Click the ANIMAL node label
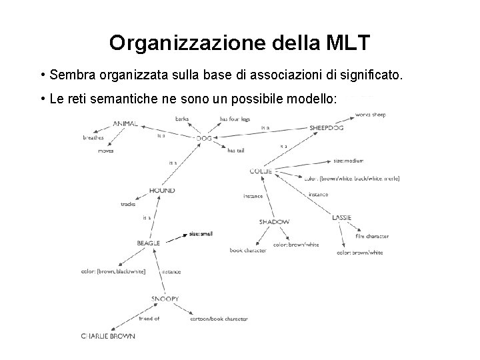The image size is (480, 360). (x=125, y=123)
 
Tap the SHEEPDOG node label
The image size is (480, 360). (x=327, y=127)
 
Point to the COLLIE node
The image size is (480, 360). (x=261, y=171)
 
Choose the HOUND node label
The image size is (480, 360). (x=162, y=191)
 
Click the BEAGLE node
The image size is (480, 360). (x=148, y=243)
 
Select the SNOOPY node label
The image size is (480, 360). (x=165, y=299)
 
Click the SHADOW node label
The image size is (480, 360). (x=274, y=221)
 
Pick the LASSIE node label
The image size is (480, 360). (x=341, y=217)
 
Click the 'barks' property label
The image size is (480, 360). (x=181, y=119)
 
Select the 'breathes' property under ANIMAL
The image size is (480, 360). (x=93, y=138)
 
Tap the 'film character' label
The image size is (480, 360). (x=372, y=236)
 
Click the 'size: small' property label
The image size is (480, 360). (x=200, y=234)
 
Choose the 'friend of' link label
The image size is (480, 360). (x=148, y=319)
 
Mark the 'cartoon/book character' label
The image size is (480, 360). (x=219, y=319)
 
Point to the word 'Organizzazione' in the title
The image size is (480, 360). (x=189, y=43)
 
